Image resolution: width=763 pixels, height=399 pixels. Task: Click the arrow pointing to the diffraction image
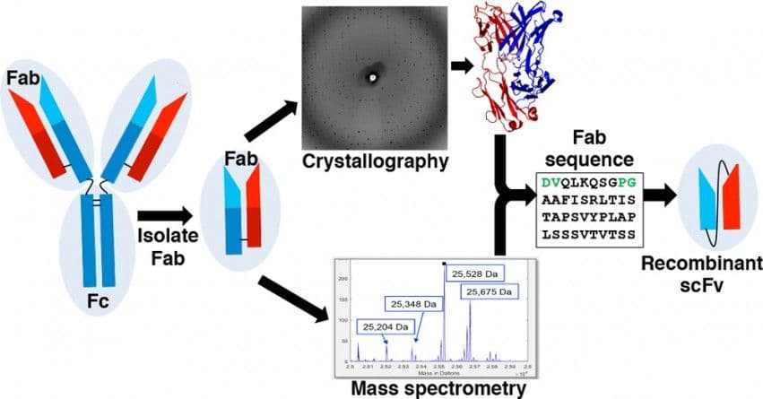pos(271,118)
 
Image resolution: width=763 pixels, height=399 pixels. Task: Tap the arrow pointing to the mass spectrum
pos(292,298)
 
